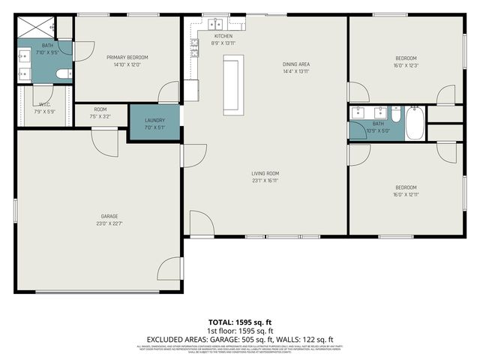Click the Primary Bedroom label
[x=127, y=57]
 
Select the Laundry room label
[x=154, y=120]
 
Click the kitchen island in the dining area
[x=231, y=85]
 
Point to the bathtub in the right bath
[x=415, y=124]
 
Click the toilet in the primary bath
[x=64, y=73]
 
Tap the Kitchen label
[x=223, y=36]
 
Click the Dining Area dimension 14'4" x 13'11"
[x=296, y=72]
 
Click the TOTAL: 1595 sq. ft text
[x=240, y=322]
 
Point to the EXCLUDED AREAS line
[x=240, y=339]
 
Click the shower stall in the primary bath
[x=36, y=28]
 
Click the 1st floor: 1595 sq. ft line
[x=240, y=331]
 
